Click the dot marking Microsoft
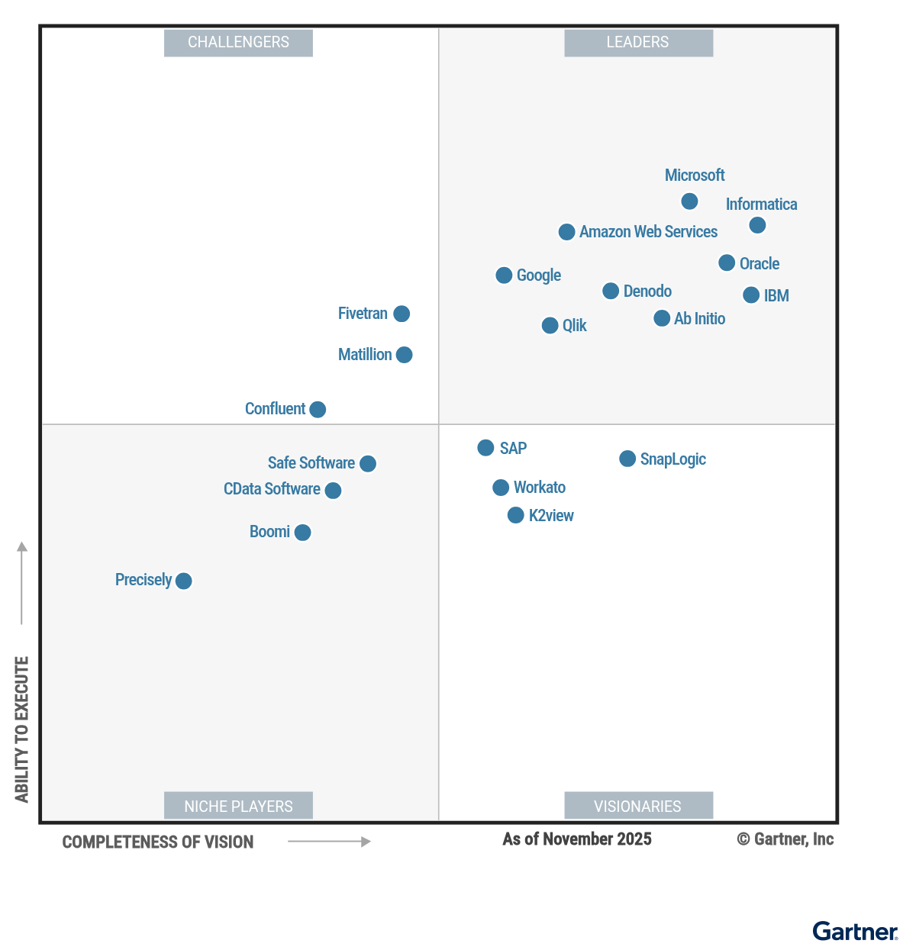pyautogui.click(x=689, y=201)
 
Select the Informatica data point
pyautogui.click(x=757, y=225)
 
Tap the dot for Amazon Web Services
pyautogui.click(x=566, y=232)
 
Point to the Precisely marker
pyautogui.click(x=183, y=581)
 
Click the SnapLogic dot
pyautogui.click(x=627, y=459)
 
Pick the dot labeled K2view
pyautogui.click(x=516, y=516)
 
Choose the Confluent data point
pyautogui.click(x=318, y=410)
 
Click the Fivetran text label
pyautogui.click(x=363, y=314)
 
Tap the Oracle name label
pyautogui.click(x=759, y=264)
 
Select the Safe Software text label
pyautogui.click(x=311, y=463)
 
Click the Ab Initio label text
pyautogui.click(x=699, y=319)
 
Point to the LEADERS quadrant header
pyautogui.click(x=638, y=43)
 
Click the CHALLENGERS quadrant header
pyautogui.click(x=238, y=43)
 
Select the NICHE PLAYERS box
pyautogui.click(x=238, y=806)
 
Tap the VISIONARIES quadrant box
pyautogui.click(x=638, y=806)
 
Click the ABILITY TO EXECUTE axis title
pyautogui.click(x=22, y=729)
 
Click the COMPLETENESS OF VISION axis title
pyautogui.click(x=158, y=842)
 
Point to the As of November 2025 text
pyautogui.click(x=577, y=839)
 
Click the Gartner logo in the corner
pyautogui.click(x=855, y=932)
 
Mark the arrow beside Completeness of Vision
pyautogui.click(x=329, y=842)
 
